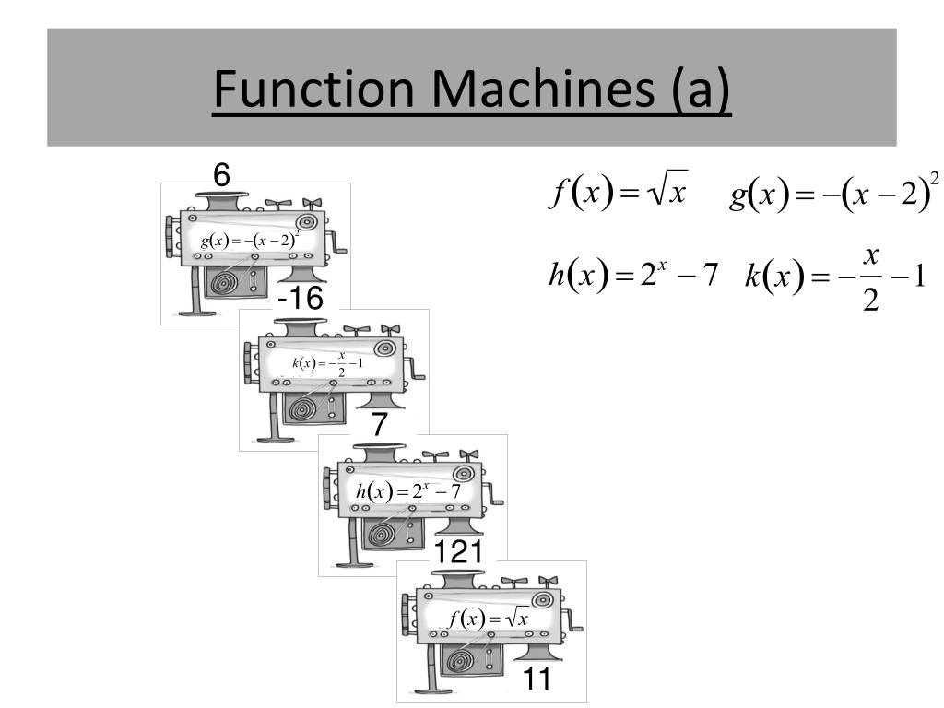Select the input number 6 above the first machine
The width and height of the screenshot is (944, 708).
221,172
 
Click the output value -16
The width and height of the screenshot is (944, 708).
301,299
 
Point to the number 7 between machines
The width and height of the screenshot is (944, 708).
380,425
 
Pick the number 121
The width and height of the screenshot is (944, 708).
459,551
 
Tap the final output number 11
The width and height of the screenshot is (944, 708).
537,679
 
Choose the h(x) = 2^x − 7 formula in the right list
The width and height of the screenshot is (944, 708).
632,275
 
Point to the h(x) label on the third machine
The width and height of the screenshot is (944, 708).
408,491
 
